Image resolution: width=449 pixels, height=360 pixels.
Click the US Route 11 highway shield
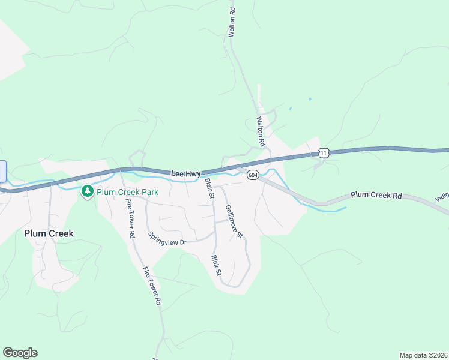pos(324,153)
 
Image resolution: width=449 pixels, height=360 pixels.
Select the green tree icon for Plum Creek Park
pos(88,192)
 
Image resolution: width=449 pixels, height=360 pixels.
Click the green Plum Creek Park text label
pos(127,192)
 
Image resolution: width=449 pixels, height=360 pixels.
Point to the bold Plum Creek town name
pos(49,233)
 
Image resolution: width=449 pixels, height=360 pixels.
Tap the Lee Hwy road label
pos(185,173)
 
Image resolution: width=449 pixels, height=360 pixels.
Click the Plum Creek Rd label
pos(376,195)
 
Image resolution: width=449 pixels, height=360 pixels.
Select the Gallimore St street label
pos(234,221)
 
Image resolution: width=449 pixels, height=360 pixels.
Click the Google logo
pos(20,353)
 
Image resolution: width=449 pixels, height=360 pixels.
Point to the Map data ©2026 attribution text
pos(423,355)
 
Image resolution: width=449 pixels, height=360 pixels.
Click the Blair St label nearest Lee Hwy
pos(209,187)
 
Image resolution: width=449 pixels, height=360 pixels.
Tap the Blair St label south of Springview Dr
pos(217,265)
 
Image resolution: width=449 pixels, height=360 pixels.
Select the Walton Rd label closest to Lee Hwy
pos(261,132)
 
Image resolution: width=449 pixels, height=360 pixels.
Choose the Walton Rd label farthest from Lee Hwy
pos(231,23)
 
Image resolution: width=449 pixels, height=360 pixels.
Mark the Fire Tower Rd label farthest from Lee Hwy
pos(152,287)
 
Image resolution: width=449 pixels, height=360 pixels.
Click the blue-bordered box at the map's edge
pos(2,171)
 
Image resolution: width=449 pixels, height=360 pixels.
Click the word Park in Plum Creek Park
pos(149,192)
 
